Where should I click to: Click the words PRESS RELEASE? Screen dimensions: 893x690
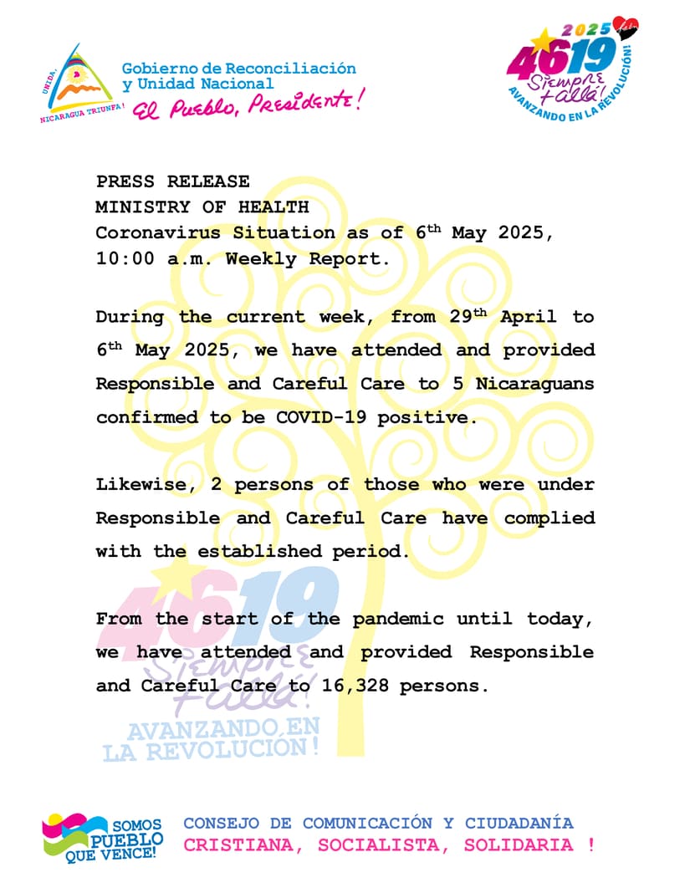tap(172, 182)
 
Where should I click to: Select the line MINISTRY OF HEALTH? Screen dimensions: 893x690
tap(202, 207)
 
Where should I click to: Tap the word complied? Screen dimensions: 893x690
tap(549, 518)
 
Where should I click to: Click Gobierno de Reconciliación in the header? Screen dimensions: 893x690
tap(238, 69)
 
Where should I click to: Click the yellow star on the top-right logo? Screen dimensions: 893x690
tap(543, 38)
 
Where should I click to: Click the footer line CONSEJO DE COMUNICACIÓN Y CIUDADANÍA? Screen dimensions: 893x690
tap(378, 824)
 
